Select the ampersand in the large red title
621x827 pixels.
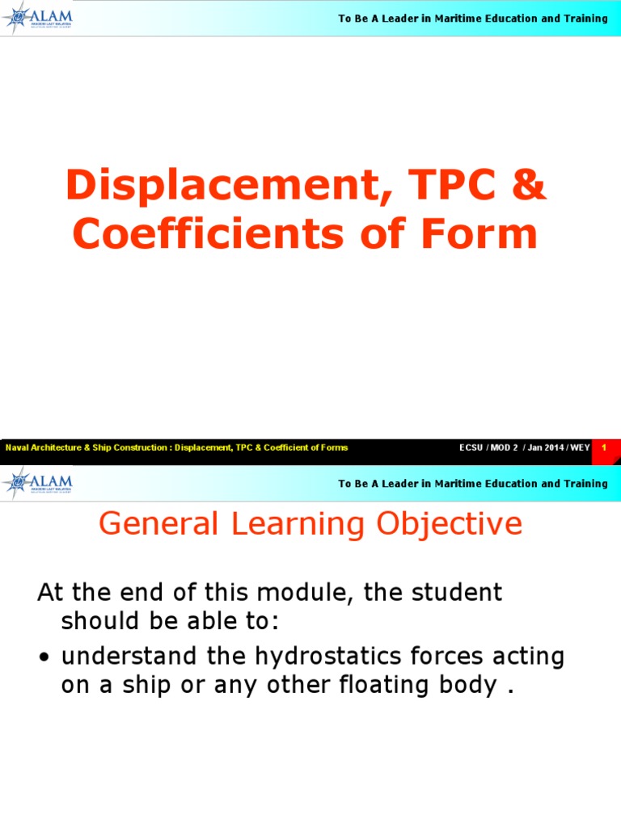(x=529, y=187)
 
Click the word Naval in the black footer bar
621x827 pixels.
(x=17, y=447)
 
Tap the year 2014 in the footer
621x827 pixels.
(x=553, y=447)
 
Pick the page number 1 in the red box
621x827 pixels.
(x=604, y=447)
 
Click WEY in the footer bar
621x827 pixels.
(x=581, y=447)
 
